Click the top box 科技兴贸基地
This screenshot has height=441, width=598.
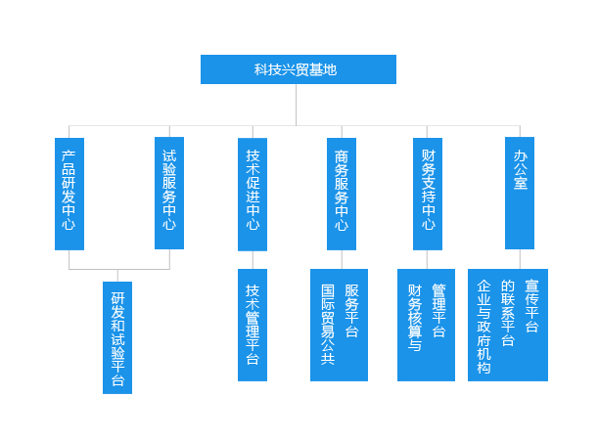tap(299, 69)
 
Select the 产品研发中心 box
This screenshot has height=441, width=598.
tap(69, 194)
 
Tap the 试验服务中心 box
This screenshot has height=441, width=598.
tap(169, 194)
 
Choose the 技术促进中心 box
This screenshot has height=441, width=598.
tap(253, 195)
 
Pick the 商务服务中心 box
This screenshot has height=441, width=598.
tap(342, 194)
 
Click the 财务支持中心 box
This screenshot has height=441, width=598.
tap(428, 194)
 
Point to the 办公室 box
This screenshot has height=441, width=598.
tap(520, 194)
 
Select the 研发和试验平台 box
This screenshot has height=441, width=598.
tap(117, 337)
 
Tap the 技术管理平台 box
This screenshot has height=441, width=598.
tap(253, 326)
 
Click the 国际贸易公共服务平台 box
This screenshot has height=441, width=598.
tap(339, 326)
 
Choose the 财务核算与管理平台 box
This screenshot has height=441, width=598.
tap(426, 326)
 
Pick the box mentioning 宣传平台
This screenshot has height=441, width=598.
tap(508, 326)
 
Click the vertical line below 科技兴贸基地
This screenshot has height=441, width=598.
tap(296, 105)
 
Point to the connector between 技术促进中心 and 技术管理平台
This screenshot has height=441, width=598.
tap(253, 260)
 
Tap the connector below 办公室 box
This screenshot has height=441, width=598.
tap(520, 259)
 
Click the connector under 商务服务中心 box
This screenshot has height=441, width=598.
tap(342, 259)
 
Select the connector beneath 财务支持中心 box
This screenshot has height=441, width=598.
tap(427, 259)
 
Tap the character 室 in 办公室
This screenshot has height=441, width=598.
tap(521, 183)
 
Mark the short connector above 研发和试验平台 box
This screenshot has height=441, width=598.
tap(117, 276)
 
